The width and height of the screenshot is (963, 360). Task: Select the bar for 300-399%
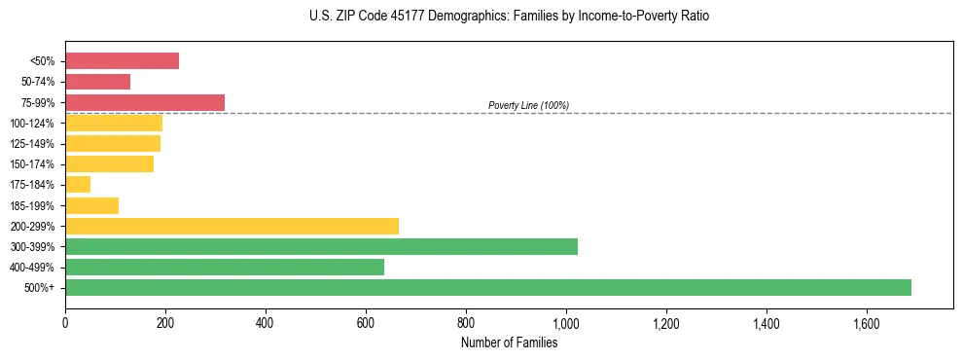coord(321,246)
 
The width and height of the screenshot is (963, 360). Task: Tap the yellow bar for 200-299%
coord(232,226)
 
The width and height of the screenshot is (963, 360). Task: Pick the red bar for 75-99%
coord(145,102)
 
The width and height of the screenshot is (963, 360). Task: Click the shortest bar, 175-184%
coord(78,185)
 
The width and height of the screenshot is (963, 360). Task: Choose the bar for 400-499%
coord(225,267)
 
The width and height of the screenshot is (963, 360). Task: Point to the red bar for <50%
coord(122,61)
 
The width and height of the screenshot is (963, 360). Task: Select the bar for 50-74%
coord(97,82)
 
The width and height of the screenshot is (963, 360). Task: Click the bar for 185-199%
coord(91,205)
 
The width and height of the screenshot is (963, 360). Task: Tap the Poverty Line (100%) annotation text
coord(528,105)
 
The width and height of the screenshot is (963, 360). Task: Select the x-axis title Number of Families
coord(510,342)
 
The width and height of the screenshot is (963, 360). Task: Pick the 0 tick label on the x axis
coord(65,321)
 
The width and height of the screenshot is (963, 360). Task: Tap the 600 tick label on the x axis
coord(366,321)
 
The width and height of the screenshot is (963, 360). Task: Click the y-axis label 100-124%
coord(32,124)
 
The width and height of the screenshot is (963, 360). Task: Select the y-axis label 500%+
coord(39,288)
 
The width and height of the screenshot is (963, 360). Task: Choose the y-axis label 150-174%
coord(32,164)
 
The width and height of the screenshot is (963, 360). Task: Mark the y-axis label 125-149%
coord(32,144)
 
